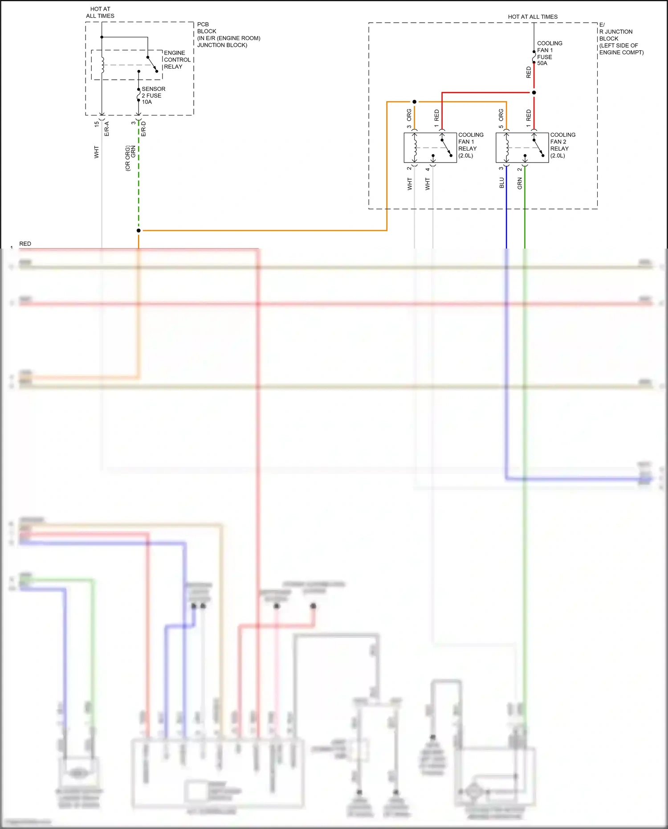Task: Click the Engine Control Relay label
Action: (177, 60)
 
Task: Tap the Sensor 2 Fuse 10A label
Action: (153, 95)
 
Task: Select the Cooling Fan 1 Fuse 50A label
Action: (549, 53)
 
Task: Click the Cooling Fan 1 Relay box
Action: (430, 147)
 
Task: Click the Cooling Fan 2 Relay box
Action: (522, 147)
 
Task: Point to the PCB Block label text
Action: (228, 35)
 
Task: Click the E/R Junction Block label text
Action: (621, 39)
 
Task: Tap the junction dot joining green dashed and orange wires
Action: (138, 230)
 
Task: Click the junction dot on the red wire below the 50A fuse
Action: (534, 93)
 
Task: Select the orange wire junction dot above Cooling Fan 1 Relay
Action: (414, 102)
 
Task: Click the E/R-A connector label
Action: (106, 129)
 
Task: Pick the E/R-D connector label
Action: (143, 129)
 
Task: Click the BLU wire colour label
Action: (501, 183)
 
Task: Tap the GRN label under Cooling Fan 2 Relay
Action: (520, 183)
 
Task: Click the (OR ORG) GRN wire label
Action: (130, 157)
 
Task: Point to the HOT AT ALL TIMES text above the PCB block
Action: (100, 12)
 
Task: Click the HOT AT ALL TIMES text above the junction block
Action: (533, 17)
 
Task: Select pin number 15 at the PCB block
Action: (97, 124)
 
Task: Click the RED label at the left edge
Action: (25, 244)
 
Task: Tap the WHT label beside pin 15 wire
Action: (97, 152)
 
